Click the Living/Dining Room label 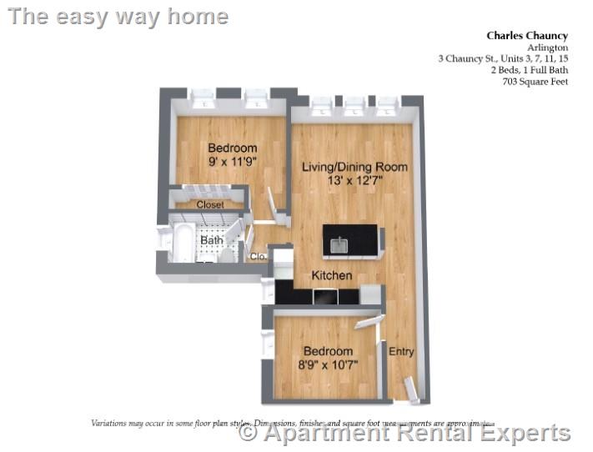(354, 167)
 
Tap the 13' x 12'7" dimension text (354, 180)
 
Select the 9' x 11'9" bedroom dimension (232, 163)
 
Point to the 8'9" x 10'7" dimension (328, 364)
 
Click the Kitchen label (331, 275)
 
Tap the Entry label (401, 352)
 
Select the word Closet (210, 204)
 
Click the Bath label (211, 241)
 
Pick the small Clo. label (258, 257)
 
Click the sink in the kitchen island (339, 244)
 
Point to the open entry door (410, 389)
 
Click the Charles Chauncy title (527, 36)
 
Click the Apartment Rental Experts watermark (405, 433)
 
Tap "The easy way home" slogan (118, 16)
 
